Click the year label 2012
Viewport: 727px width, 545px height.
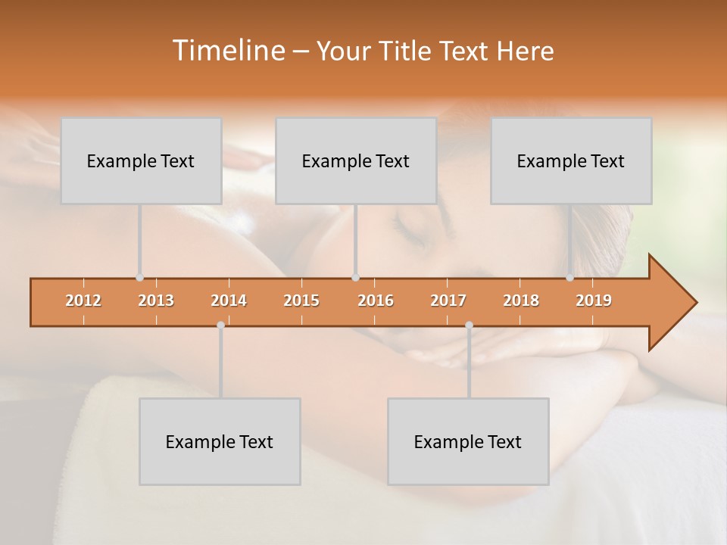[83, 301]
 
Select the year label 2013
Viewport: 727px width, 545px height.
[156, 301]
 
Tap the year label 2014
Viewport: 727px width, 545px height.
[229, 301]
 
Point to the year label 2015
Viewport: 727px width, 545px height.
[301, 301]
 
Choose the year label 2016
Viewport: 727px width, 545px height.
[376, 301]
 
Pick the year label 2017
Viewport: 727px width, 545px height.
[448, 301]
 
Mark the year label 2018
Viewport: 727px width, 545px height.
[521, 301]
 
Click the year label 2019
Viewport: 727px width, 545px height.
[594, 301]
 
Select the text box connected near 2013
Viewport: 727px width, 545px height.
[141, 160]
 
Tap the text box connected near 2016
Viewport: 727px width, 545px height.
[356, 160]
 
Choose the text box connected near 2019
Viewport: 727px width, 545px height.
[571, 160]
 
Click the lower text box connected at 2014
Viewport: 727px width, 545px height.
[220, 441]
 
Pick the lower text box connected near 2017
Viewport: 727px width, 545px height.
[468, 441]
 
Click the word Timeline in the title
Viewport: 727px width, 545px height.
[227, 51]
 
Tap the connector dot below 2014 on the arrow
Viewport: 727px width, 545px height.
[220, 325]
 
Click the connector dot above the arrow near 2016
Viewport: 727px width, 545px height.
[356, 278]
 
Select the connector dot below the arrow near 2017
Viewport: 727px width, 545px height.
[469, 325]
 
